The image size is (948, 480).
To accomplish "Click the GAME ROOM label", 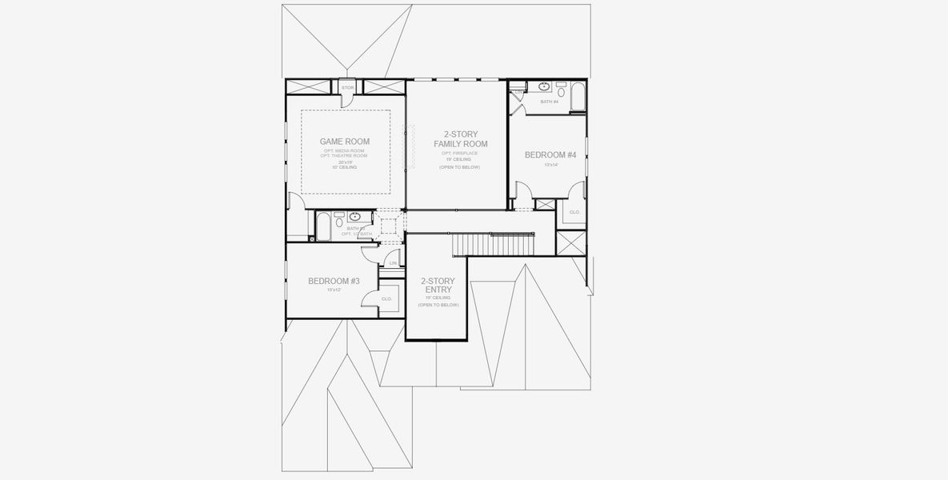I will [345, 142].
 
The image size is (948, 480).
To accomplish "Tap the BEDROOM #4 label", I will [550, 154].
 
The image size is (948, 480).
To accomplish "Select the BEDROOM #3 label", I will [334, 281].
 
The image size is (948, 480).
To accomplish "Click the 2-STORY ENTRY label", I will [438, 285].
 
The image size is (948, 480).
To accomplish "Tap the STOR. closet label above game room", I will [347, 87].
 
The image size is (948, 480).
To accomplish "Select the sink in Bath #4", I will [544, 86].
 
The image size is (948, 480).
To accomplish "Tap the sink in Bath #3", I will [355, 216].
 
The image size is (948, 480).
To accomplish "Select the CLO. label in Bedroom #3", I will [386, 298].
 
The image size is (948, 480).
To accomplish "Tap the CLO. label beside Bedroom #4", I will [574, 212].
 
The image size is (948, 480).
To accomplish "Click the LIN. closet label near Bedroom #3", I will [393, 262].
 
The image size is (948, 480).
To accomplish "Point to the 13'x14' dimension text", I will [550, 165].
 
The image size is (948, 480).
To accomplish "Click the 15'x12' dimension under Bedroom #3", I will [334, 290].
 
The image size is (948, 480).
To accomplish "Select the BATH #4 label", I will [549, 102].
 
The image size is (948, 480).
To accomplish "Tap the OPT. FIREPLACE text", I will [460, 153].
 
